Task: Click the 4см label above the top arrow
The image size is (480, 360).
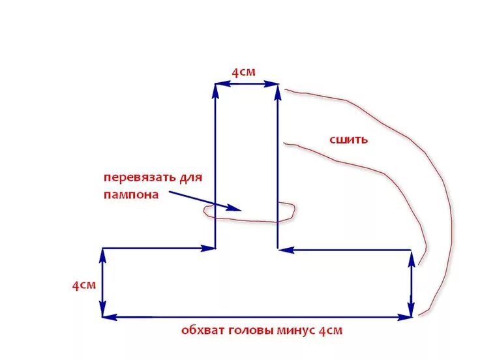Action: [245, 72]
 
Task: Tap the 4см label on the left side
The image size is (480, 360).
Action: [84, 286]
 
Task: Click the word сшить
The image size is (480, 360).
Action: [350, 139]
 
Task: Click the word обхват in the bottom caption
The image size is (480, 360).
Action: [202, 331]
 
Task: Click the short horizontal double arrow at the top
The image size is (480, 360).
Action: [247, 83]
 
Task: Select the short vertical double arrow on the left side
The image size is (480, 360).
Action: [102, 283]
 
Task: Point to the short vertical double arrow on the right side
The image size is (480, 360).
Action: [411, 283]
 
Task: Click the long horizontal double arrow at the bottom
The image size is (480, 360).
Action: [257, 317]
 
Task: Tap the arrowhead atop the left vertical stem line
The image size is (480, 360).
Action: [215, 89]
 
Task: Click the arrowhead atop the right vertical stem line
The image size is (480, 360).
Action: [278, 89]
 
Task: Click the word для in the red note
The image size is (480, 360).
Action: [190, 177]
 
